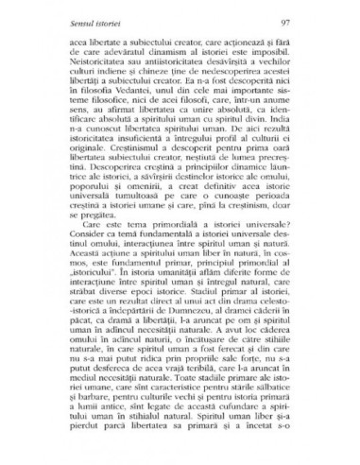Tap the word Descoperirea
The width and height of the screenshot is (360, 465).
coord(92,174)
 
